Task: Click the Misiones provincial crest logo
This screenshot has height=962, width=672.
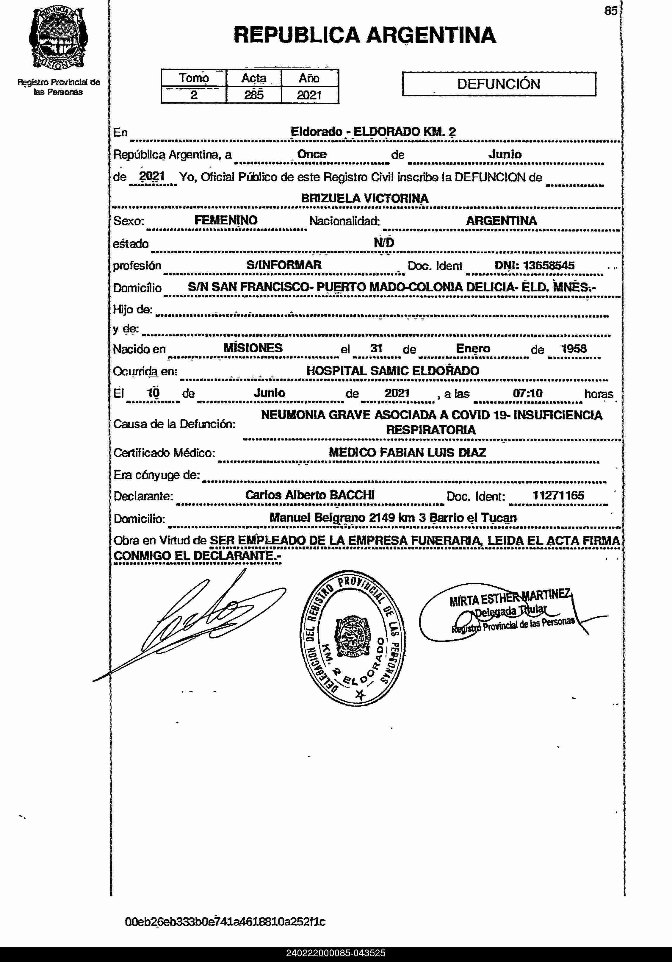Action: (x=58, y=38)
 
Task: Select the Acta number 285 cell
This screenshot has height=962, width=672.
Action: (x=254, y=95)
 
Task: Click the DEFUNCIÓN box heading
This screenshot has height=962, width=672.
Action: (x=499, y=84)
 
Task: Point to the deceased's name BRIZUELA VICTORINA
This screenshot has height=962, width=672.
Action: (x=365, y=198)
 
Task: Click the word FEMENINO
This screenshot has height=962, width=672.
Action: (x=226, y=220)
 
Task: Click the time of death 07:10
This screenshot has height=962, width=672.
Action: (x=527, y=393)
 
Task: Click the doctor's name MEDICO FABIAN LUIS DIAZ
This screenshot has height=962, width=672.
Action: (x=407, y=452)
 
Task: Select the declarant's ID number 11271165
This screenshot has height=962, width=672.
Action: (x=558, y=495)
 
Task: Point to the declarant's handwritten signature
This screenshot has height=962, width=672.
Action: (x=197, y=620)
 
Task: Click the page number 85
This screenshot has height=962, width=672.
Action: (x=611, y=11)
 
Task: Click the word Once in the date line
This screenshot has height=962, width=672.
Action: (x=311, y=154)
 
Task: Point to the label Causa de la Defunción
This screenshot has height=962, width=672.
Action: (x=175, y=424)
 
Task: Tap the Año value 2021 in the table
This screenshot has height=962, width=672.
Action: (x=309, y=95)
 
